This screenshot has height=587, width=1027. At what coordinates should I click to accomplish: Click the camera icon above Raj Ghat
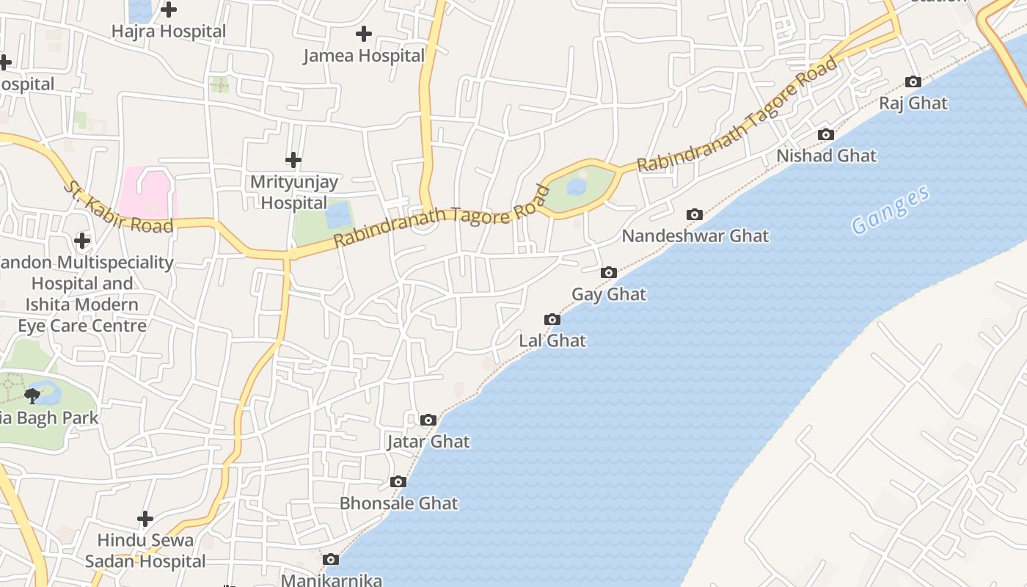[913, 81]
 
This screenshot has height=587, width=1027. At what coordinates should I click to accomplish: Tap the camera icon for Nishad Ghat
[826, 134]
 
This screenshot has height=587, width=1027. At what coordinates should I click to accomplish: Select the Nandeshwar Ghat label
[695, 236]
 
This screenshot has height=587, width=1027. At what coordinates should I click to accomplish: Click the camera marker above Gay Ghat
[608, 273]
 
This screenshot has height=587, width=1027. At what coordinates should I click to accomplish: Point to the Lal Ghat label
[552, 340]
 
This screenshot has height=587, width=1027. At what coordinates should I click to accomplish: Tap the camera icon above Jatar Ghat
[428, 420]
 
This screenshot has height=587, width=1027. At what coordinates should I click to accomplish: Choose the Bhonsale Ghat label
[398, 503]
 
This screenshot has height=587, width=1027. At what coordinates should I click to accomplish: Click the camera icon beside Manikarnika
[331, 560]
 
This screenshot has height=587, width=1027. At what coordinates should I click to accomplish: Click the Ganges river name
[891, 211]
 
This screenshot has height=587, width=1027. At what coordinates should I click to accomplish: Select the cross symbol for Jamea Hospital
[363, 34]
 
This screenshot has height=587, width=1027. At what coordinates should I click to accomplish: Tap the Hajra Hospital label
[169, 32]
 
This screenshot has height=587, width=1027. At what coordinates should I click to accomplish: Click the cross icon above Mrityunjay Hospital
[293, 159]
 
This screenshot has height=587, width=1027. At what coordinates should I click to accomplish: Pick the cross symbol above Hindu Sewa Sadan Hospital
[145, 519]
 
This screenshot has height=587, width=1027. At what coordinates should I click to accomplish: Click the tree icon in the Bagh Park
[32, 396]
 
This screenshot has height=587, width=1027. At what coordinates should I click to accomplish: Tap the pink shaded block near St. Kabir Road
[149, 193]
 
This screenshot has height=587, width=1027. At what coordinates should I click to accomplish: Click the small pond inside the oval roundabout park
[577, 187]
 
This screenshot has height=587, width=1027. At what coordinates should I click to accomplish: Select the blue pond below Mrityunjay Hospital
[338, 216]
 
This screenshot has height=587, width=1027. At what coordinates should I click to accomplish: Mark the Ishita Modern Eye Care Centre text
[82, 315]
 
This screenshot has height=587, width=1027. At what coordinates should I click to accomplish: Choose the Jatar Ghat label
[428, 442]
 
